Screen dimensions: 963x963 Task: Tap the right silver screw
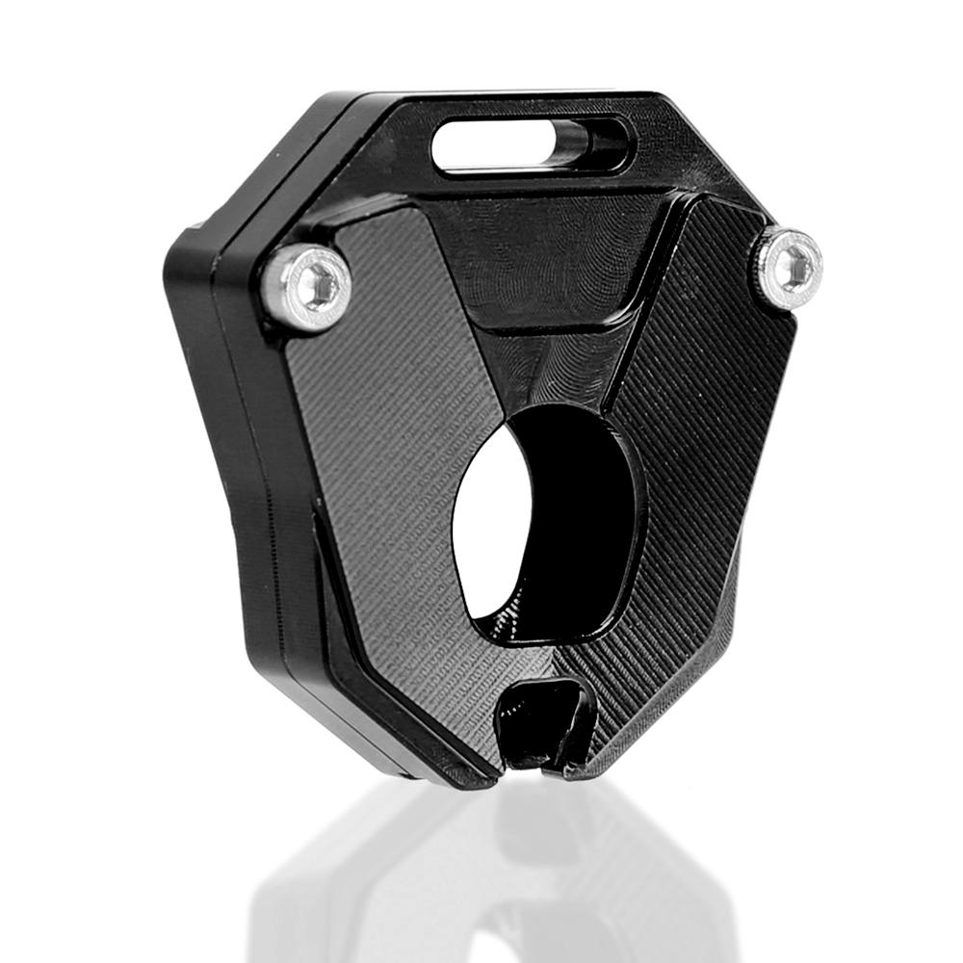[x=790, y=262]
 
